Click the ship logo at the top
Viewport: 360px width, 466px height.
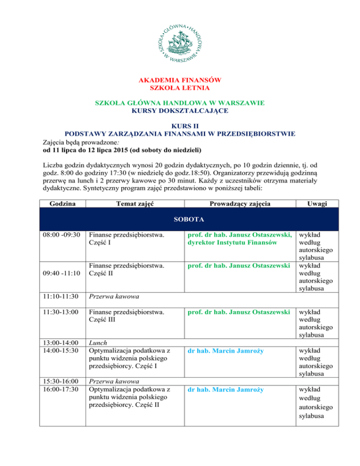[180, 40]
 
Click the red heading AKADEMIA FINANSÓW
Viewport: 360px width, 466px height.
[180, 80]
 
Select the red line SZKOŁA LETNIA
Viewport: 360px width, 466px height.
[180, 88]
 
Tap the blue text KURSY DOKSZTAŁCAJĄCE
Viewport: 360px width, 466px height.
[180, 111]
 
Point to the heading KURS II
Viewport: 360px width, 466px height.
[180, 126]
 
